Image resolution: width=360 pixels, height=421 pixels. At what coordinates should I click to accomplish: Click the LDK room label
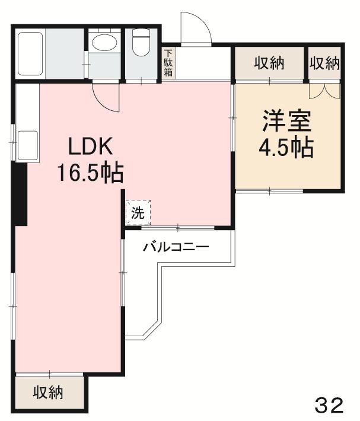coord(90,146)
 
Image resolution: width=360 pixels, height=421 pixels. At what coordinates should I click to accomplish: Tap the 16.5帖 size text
coord(90,173)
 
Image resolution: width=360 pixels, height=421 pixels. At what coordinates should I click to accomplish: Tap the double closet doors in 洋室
coord(324,91)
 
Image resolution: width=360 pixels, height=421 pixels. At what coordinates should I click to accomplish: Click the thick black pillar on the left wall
coord(21,193)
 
